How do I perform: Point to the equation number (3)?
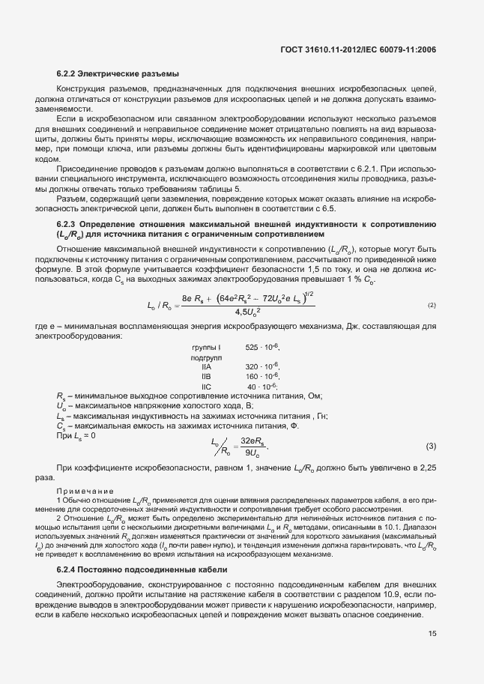431,447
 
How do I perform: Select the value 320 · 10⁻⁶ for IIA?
261,366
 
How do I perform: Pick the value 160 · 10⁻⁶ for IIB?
261,376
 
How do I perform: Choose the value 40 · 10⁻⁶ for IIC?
264,386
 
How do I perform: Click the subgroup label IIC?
207,386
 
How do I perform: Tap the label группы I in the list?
206,348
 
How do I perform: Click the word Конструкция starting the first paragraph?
81,88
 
